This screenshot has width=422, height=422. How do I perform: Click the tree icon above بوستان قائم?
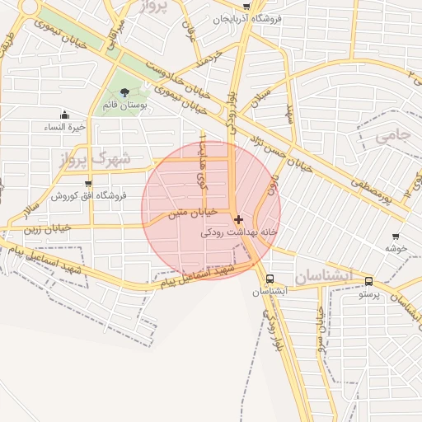pyautogui.click(x=124, y=92)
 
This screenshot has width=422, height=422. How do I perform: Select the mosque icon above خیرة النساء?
pyautogui.click(x=65, y=115)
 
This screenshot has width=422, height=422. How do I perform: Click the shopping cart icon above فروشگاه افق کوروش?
pyautogui.click(x=88, y=183)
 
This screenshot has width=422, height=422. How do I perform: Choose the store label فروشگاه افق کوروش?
pyautogui.click(x=88, y=195)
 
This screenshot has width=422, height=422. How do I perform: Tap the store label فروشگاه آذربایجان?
pyautogui.click(x=247, y=17)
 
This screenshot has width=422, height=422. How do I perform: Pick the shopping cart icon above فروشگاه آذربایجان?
pyautogui.click(x=247, y=5)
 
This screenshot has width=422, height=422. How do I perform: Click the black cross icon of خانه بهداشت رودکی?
pyautogui.click(x=238, y=219)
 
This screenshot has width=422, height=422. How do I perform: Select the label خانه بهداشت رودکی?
pyautogui.click(x=239, y=232)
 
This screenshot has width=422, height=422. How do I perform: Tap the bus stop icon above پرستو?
pyautogui.click(x=368, y=281)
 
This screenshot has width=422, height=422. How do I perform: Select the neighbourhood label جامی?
pyautogui.click(x=392, y=137)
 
